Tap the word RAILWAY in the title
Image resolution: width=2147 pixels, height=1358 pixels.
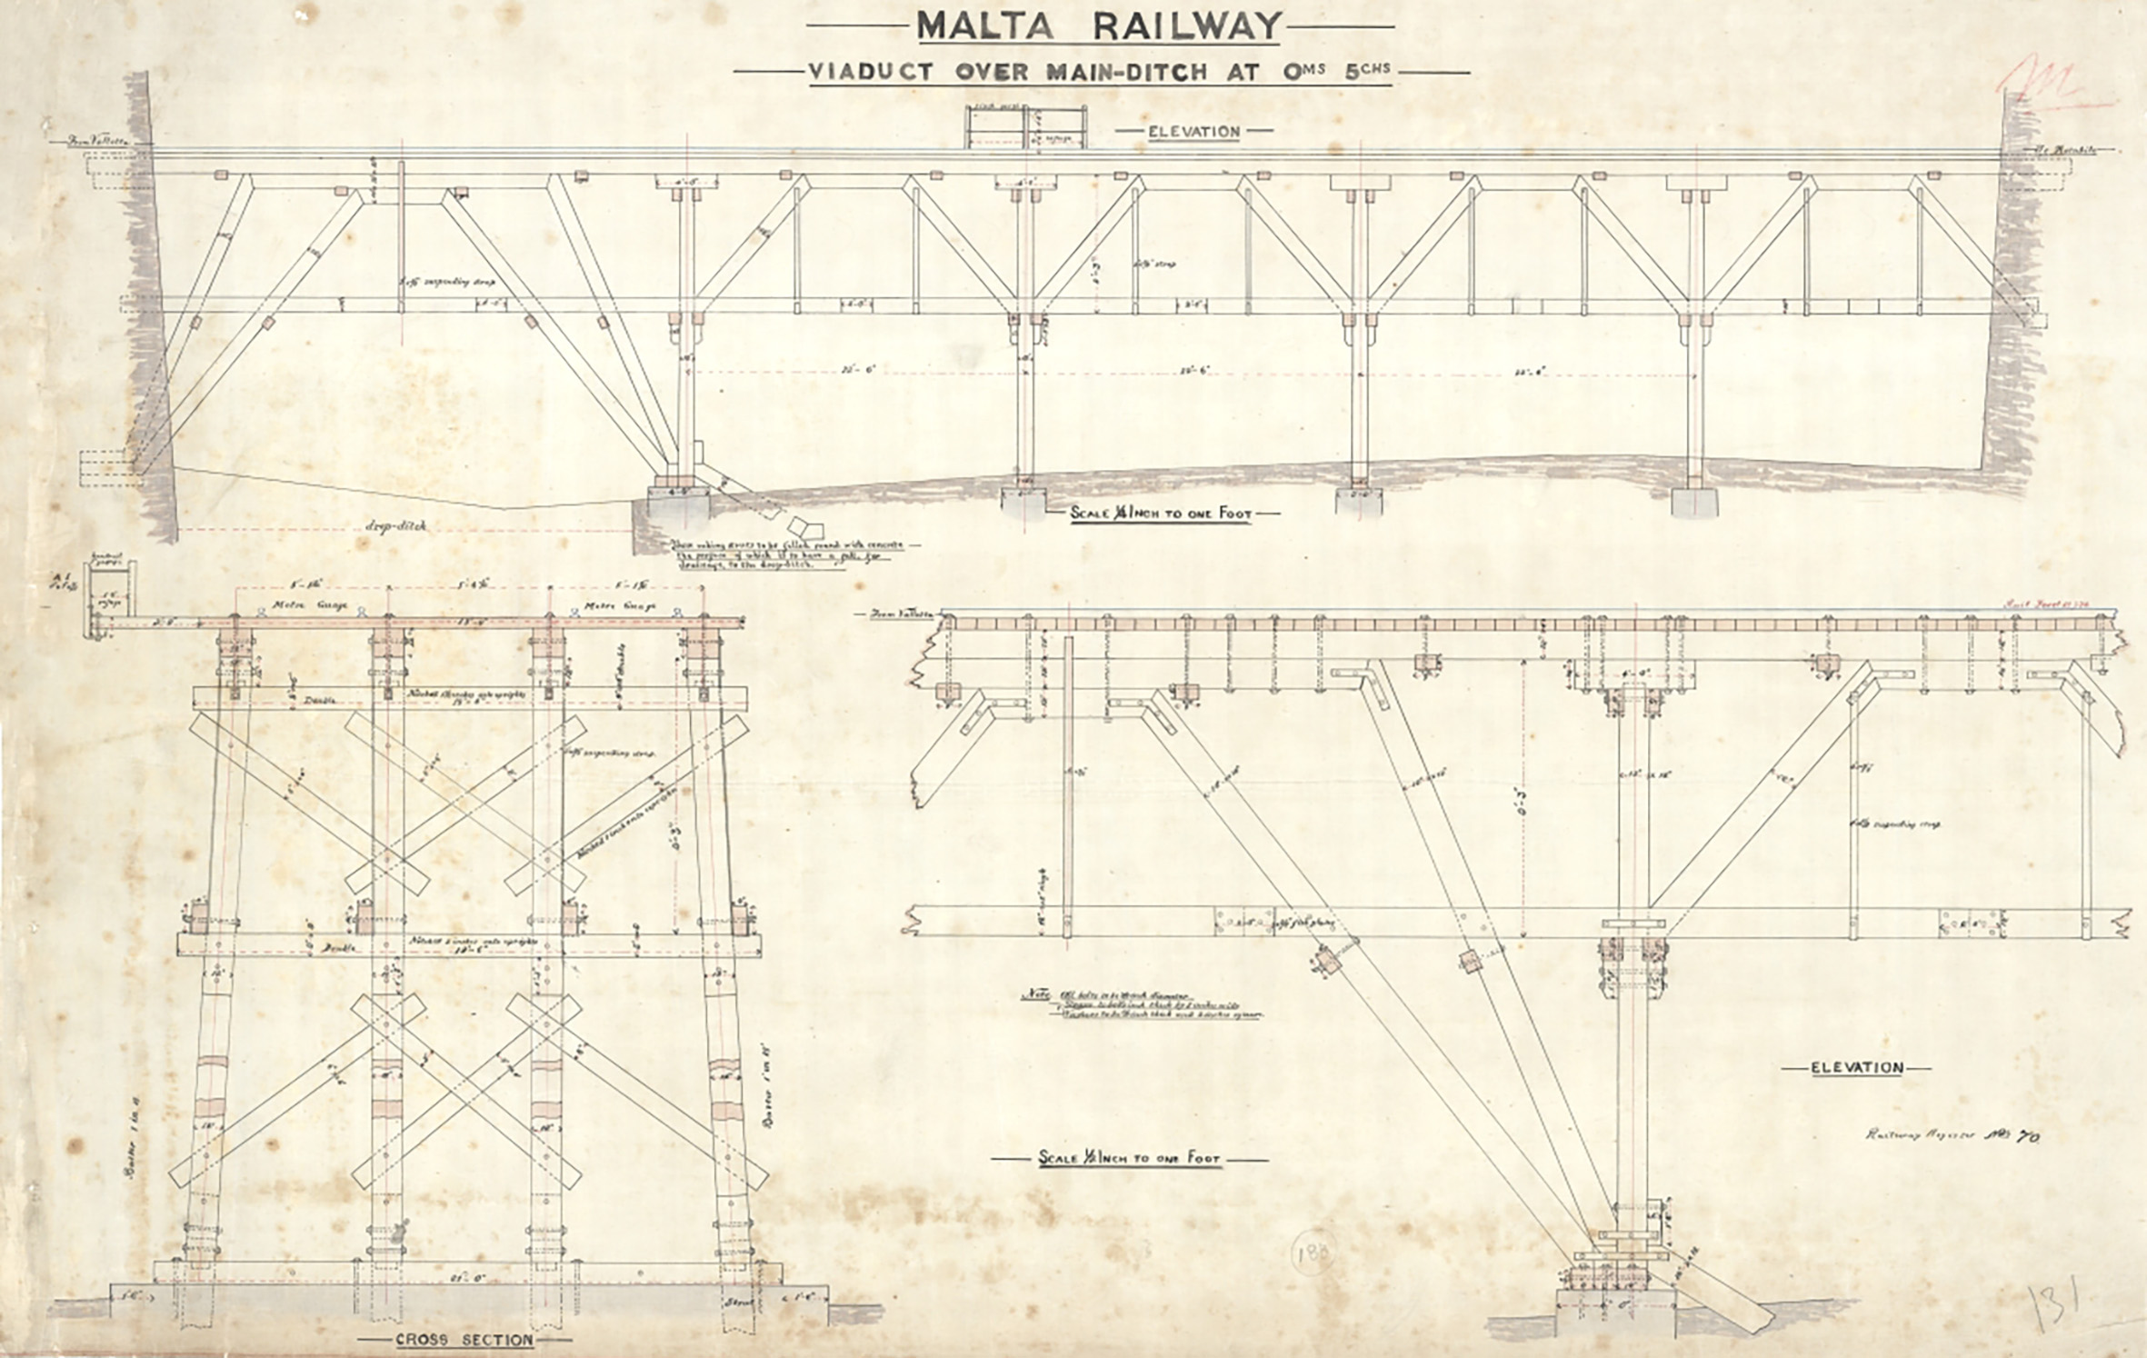click(1186, 27)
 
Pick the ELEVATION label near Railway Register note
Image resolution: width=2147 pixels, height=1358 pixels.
click(1857, 1067)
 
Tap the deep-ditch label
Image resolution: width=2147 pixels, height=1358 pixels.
click(396, 527)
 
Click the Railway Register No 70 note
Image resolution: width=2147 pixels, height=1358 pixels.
click(1951, 1134)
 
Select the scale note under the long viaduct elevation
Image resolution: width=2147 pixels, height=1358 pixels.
click(1161, 514)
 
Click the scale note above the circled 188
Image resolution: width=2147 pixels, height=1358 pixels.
click(1129, 1160)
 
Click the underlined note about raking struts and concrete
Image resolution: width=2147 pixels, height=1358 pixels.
click(786, 554)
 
